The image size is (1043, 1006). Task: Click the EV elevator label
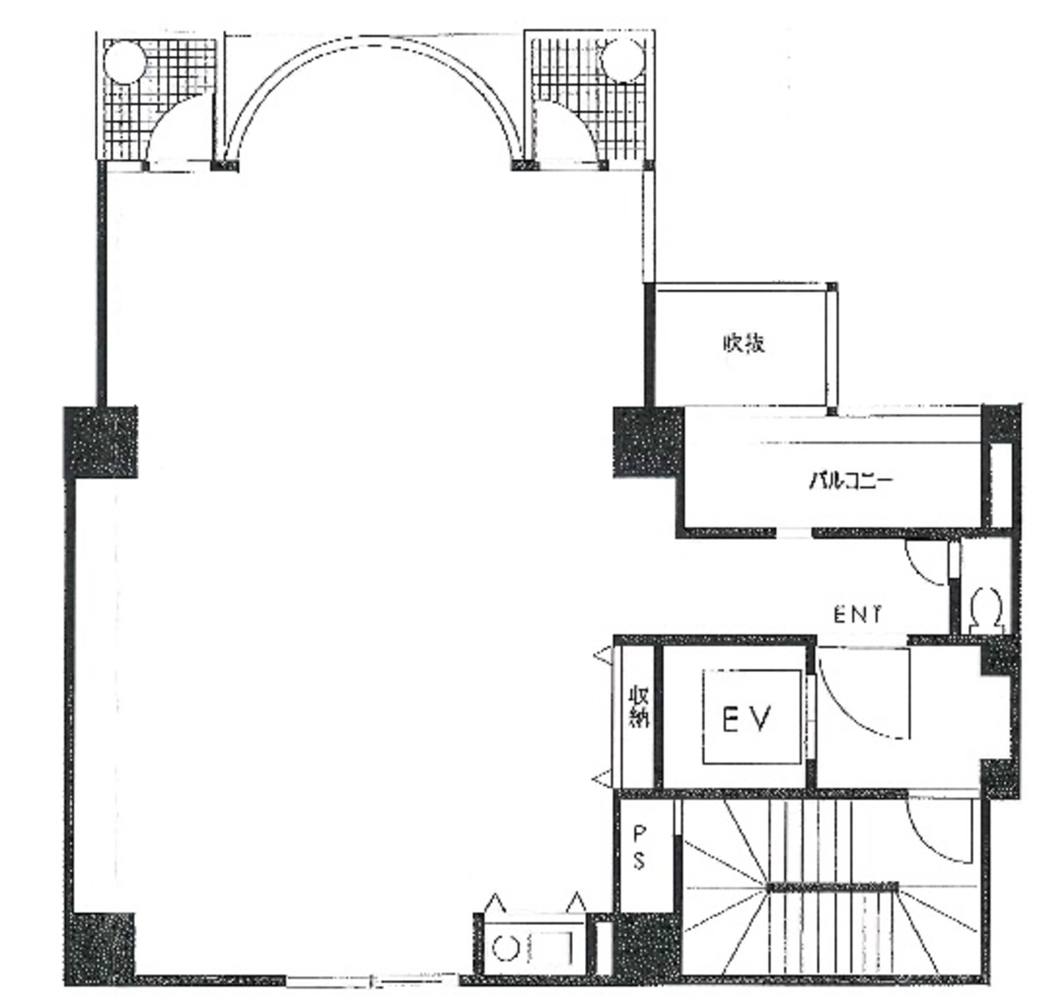pyautogui.click(x=747, y=719)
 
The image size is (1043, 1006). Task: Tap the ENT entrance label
pyautogui.click(x=857, y=615)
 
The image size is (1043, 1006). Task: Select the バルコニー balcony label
pyautogui.click(x=851, y=480)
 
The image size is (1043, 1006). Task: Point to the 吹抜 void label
pyautogui.click(x=744, y=343)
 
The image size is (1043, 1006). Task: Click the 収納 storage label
pyautogui.click(x=639, y=707)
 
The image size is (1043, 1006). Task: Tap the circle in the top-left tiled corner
pyautogui.click(x=124, y=63)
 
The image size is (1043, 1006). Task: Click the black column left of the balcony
pyautogui.click(x=649, y=443)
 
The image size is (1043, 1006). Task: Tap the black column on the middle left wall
pyautogui.click(x=101, y=443)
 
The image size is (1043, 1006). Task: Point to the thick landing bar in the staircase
pyautogui.click(x=833, y=887)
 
